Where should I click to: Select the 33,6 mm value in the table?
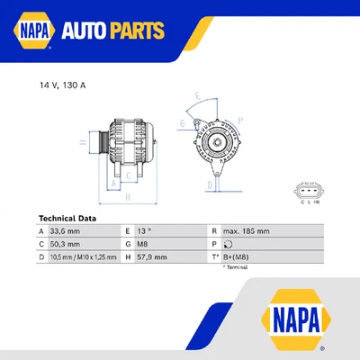(65, 231)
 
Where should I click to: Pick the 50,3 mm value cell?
(65, 244)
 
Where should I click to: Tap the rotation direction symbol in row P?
(228, 244)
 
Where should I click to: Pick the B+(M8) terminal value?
(238, 256)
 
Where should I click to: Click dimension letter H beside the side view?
(82, 142)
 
